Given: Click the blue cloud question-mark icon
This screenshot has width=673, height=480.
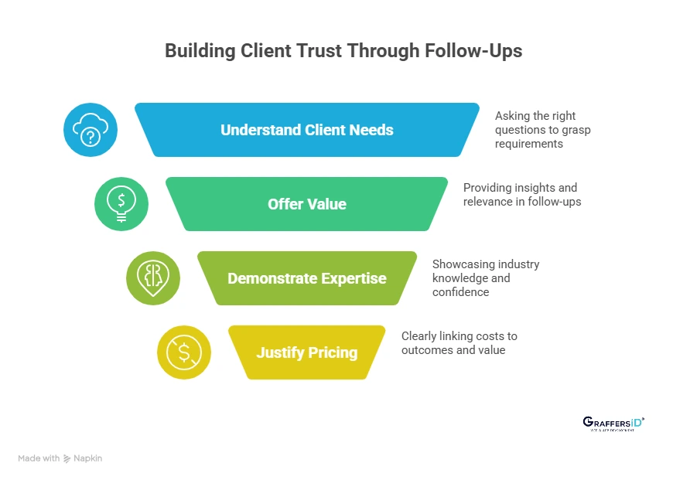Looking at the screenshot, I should coord(91,130).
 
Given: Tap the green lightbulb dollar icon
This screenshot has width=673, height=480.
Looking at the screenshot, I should coord(121,204).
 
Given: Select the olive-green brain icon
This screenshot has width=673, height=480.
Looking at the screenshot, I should coord(153,278).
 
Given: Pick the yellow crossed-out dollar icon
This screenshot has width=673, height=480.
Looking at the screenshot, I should coord(184,352).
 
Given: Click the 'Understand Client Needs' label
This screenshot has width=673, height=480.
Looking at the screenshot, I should coord(307,130).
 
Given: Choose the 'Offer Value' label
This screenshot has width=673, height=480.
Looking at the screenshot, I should coord(307,204).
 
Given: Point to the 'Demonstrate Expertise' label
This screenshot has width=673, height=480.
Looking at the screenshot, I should coord(307,278).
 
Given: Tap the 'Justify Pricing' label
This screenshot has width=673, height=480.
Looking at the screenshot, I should coord(307,352).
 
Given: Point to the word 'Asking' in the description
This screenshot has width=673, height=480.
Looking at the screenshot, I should coord(512,115).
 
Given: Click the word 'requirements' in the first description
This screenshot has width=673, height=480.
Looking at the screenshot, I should coord(530,144).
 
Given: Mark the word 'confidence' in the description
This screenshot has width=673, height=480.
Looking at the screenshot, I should coord(461,292).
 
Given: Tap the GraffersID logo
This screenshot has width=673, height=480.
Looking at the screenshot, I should coord(613,423).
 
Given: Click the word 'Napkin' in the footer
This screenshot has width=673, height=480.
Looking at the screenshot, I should coord(88,458).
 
